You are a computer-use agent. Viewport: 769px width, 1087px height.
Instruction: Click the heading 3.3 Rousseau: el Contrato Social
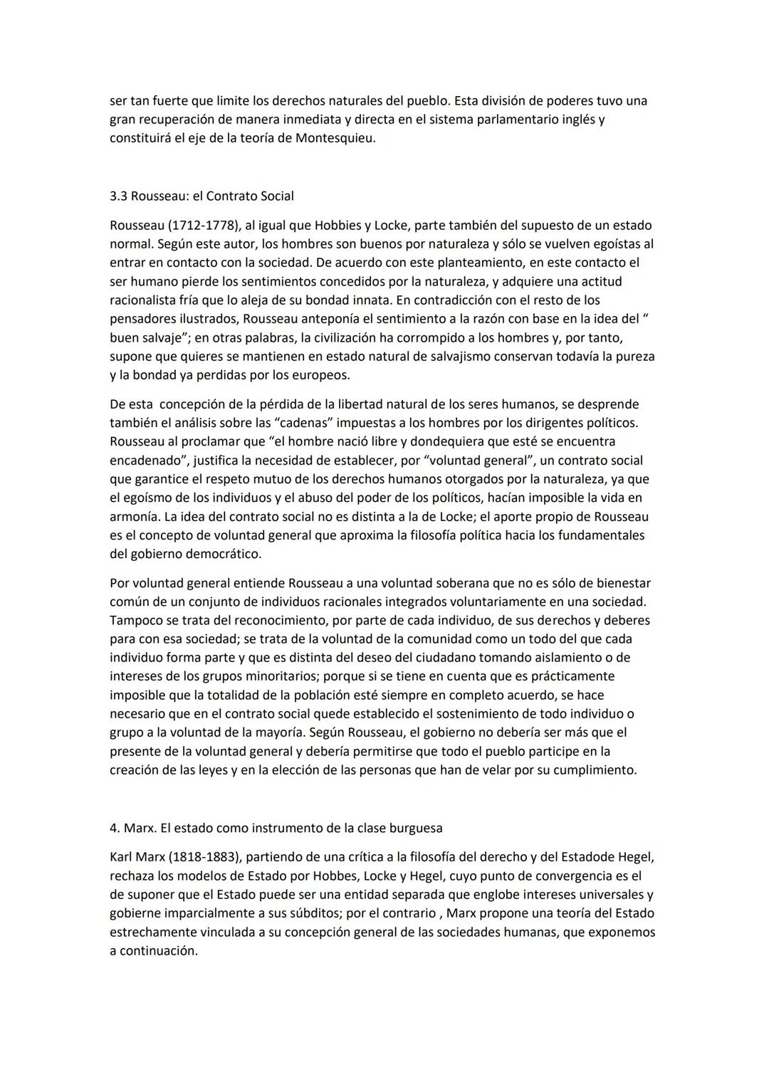click(x=202, y=196)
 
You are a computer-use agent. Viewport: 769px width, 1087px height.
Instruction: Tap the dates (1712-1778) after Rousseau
click(x=204, y=226)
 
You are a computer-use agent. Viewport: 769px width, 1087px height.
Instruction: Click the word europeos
click(x=323, y=375)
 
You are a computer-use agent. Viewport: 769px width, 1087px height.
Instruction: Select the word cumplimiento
click(x=595, y=770)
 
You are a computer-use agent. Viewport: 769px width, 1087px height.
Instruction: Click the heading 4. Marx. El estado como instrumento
click(x=276, y=829)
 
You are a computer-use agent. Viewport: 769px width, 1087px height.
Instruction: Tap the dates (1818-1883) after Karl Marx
click(x=204, y=857)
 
